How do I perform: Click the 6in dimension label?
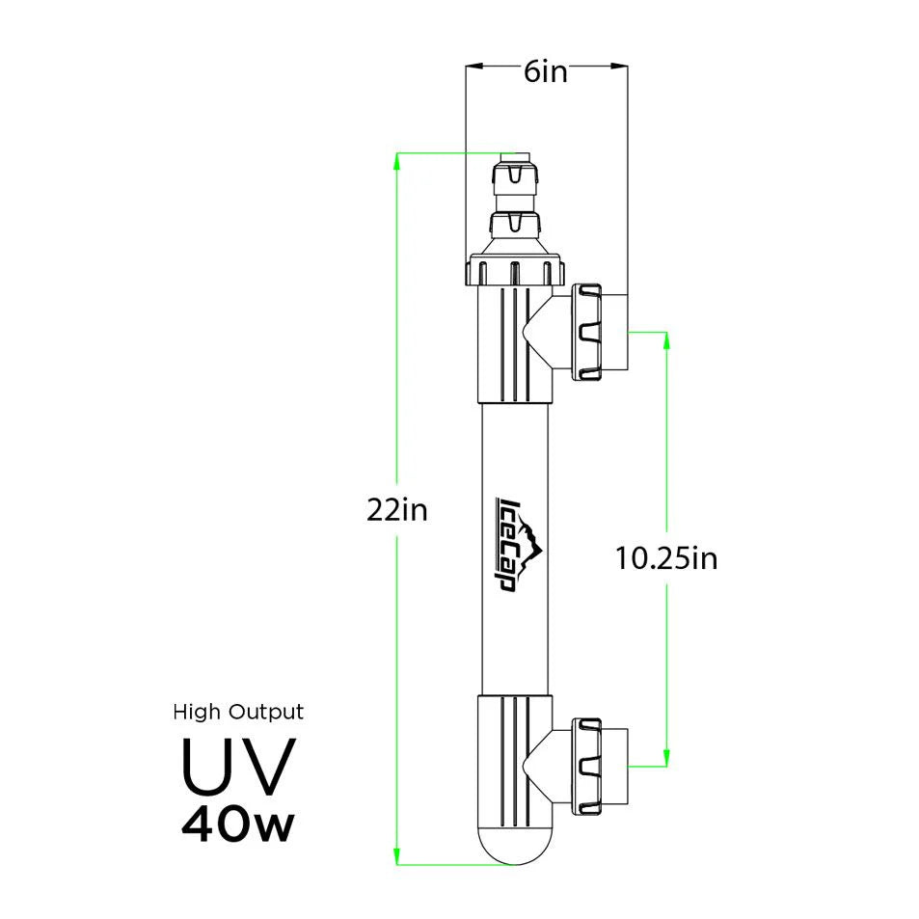pyautogui.click(x=546, y=73)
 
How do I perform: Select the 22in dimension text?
pyautogui.click(x=395, y=510)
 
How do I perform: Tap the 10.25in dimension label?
pyautogui.click(x=666, y=558)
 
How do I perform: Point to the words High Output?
pyautogui.click(x=238, y=713)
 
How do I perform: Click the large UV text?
pyautogui.click(x=237, y=766)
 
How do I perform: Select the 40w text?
pyautogui.click(x=237, y=824)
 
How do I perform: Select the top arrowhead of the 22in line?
pyautogui.click(x=397, y=160)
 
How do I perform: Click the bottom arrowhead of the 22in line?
pyautogui.click(x=397, y=856)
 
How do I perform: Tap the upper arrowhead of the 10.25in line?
pyautogui.click(x=666, y=340)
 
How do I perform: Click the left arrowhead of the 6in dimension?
pyautogui.click(x=473, y=67)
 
